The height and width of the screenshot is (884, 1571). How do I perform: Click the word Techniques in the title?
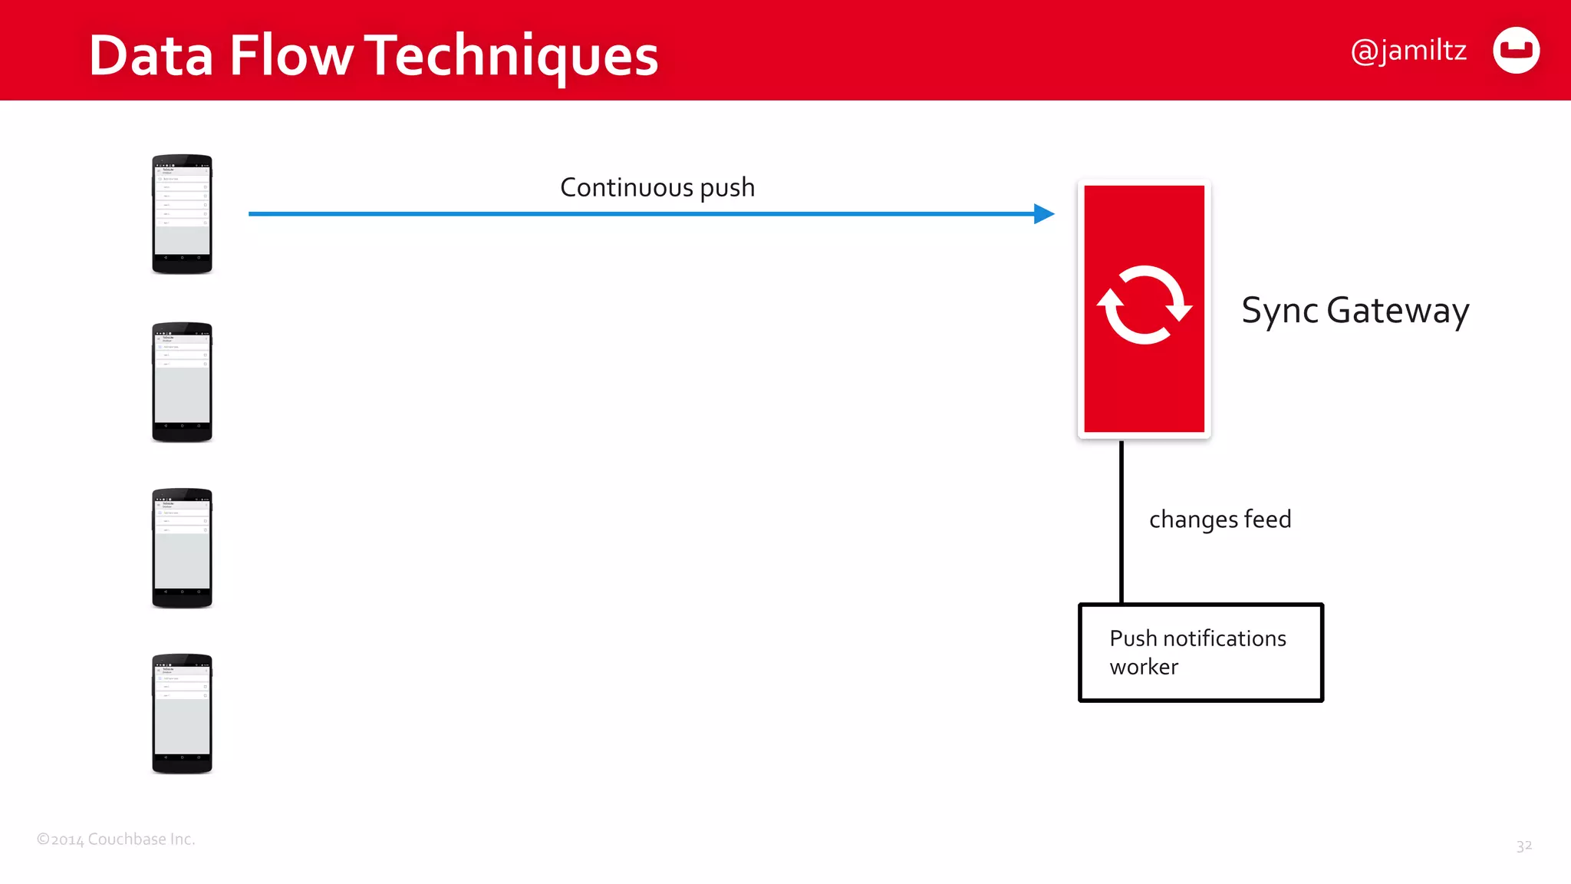(x=511, y=55)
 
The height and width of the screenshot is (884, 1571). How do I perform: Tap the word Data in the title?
(x=150, y=55)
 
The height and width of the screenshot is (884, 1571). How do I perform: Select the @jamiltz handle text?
(x=1408, y=51)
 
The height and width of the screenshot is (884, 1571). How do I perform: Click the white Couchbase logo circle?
(x=1516, y=51)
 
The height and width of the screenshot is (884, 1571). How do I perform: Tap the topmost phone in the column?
(x=182, y=214)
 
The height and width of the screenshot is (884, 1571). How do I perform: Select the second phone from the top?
(x=182, y=382)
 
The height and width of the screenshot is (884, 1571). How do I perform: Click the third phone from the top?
(x=182, y=548)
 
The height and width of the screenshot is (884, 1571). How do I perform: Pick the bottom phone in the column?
(x=182, y=714)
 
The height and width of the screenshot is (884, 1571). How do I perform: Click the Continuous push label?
(x=657, y=187)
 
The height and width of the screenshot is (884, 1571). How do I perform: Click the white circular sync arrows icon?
(x=1144, y=305)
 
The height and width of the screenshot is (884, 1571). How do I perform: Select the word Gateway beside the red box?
(x=1398, y=311)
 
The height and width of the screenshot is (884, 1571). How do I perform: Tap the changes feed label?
(x=1220, y=520)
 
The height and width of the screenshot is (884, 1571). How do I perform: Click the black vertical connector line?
(x=1121, y=522)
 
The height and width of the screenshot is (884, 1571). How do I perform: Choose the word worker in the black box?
(x=1144, y=667)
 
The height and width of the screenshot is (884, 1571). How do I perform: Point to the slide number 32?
(x=1523, y=846)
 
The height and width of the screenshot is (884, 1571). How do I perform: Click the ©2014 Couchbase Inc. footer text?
(x=116, y=839)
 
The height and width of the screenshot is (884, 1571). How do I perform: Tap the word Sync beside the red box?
(x=1280, y=311)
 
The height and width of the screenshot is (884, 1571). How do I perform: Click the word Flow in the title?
(x=291, y=55)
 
